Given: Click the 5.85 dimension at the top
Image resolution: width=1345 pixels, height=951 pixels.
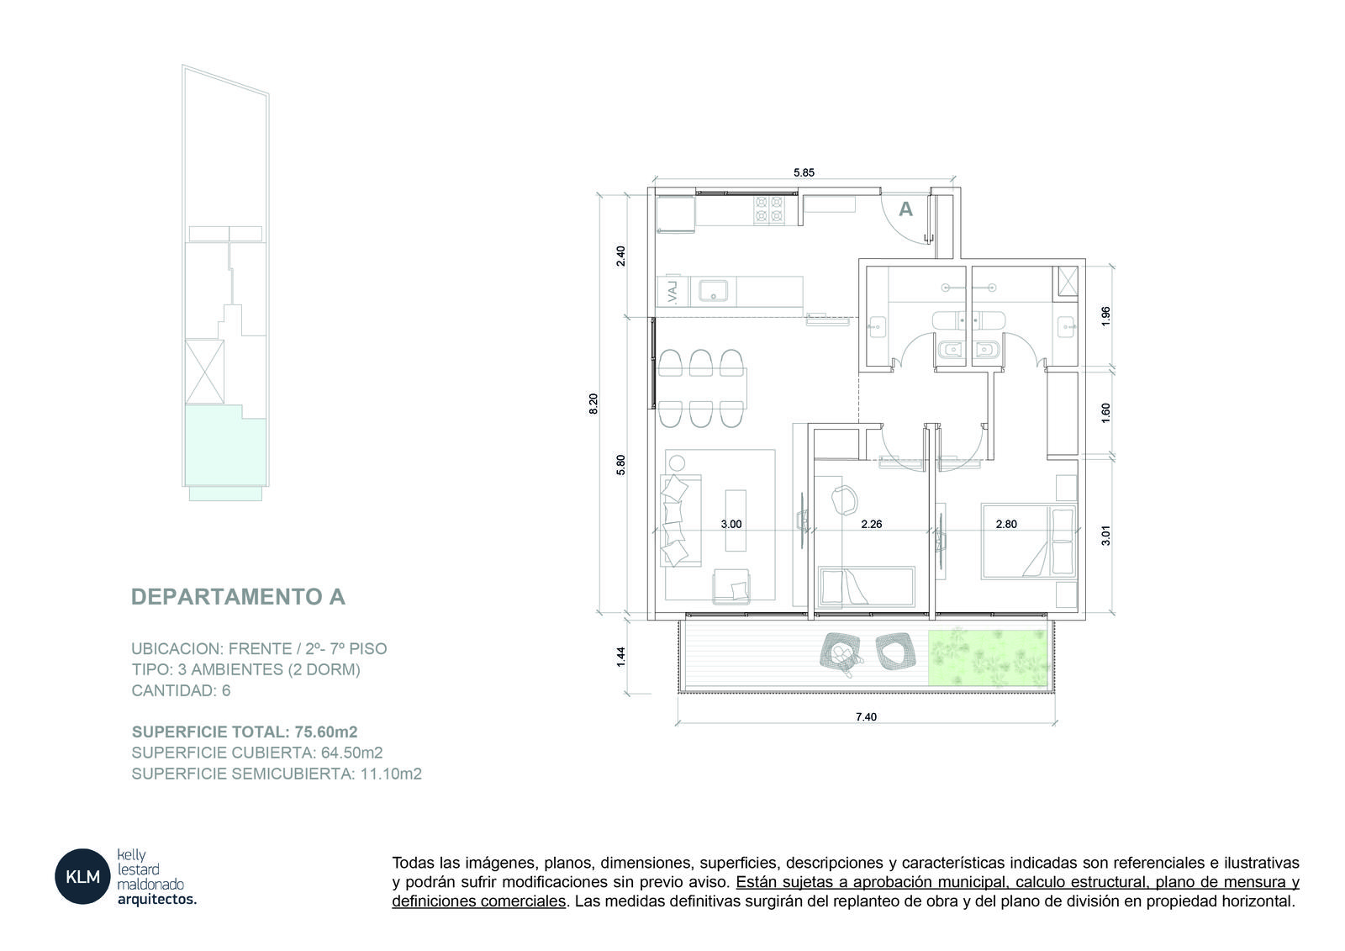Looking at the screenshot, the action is coord(804,172).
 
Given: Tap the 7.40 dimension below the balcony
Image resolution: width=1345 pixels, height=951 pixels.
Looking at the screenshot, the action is coord(866,716).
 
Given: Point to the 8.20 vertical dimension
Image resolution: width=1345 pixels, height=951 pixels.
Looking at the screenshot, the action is coord(593,403).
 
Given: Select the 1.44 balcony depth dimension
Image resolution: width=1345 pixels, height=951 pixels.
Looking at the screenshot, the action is coord(621,656).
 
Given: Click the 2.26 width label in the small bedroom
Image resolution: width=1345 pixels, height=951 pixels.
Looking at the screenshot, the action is coord(871,524).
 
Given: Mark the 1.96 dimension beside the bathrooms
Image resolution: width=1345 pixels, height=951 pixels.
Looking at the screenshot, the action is coord(1105,317).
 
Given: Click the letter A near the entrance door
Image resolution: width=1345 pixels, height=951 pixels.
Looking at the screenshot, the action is coord(905,209).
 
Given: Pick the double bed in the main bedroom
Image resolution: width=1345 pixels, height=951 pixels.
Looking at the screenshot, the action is coord(1028,542).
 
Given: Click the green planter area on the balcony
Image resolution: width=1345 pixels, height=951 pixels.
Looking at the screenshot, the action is coord(988,658).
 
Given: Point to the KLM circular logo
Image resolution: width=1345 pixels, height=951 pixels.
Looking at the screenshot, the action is coord(83,876).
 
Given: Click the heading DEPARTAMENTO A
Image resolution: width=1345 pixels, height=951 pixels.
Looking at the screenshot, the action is coord(239,596).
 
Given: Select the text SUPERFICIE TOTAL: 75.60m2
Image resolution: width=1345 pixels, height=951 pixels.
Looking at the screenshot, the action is coord(245,732).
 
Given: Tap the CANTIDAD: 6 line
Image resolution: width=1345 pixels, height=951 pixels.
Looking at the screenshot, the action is coord(181,690).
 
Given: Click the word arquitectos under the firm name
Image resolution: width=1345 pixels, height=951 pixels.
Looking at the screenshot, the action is coord(156,900).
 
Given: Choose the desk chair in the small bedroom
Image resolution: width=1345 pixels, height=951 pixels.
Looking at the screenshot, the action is coord(844,499).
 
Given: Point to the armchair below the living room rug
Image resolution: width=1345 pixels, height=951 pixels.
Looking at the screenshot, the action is coord(731,586).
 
